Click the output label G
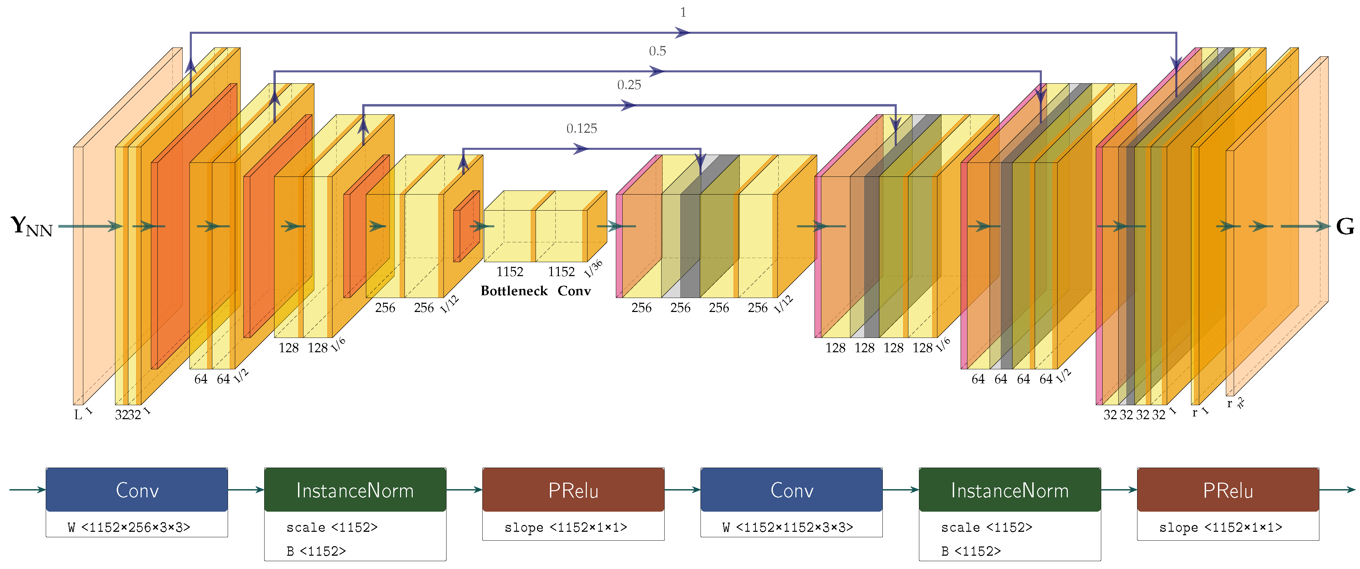click(1345, 226)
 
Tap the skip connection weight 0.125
click(581, 129)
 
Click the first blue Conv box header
click(137, 490)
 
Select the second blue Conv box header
click(791, 490)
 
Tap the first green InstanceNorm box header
click(355, 490)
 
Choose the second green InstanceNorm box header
click(1009, 490)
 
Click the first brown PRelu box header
click(573, 490)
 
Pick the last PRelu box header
click(1228, 490)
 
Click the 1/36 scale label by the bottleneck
click(593, 269)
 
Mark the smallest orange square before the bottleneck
click(466, 226)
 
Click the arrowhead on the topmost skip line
click(682, 33)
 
